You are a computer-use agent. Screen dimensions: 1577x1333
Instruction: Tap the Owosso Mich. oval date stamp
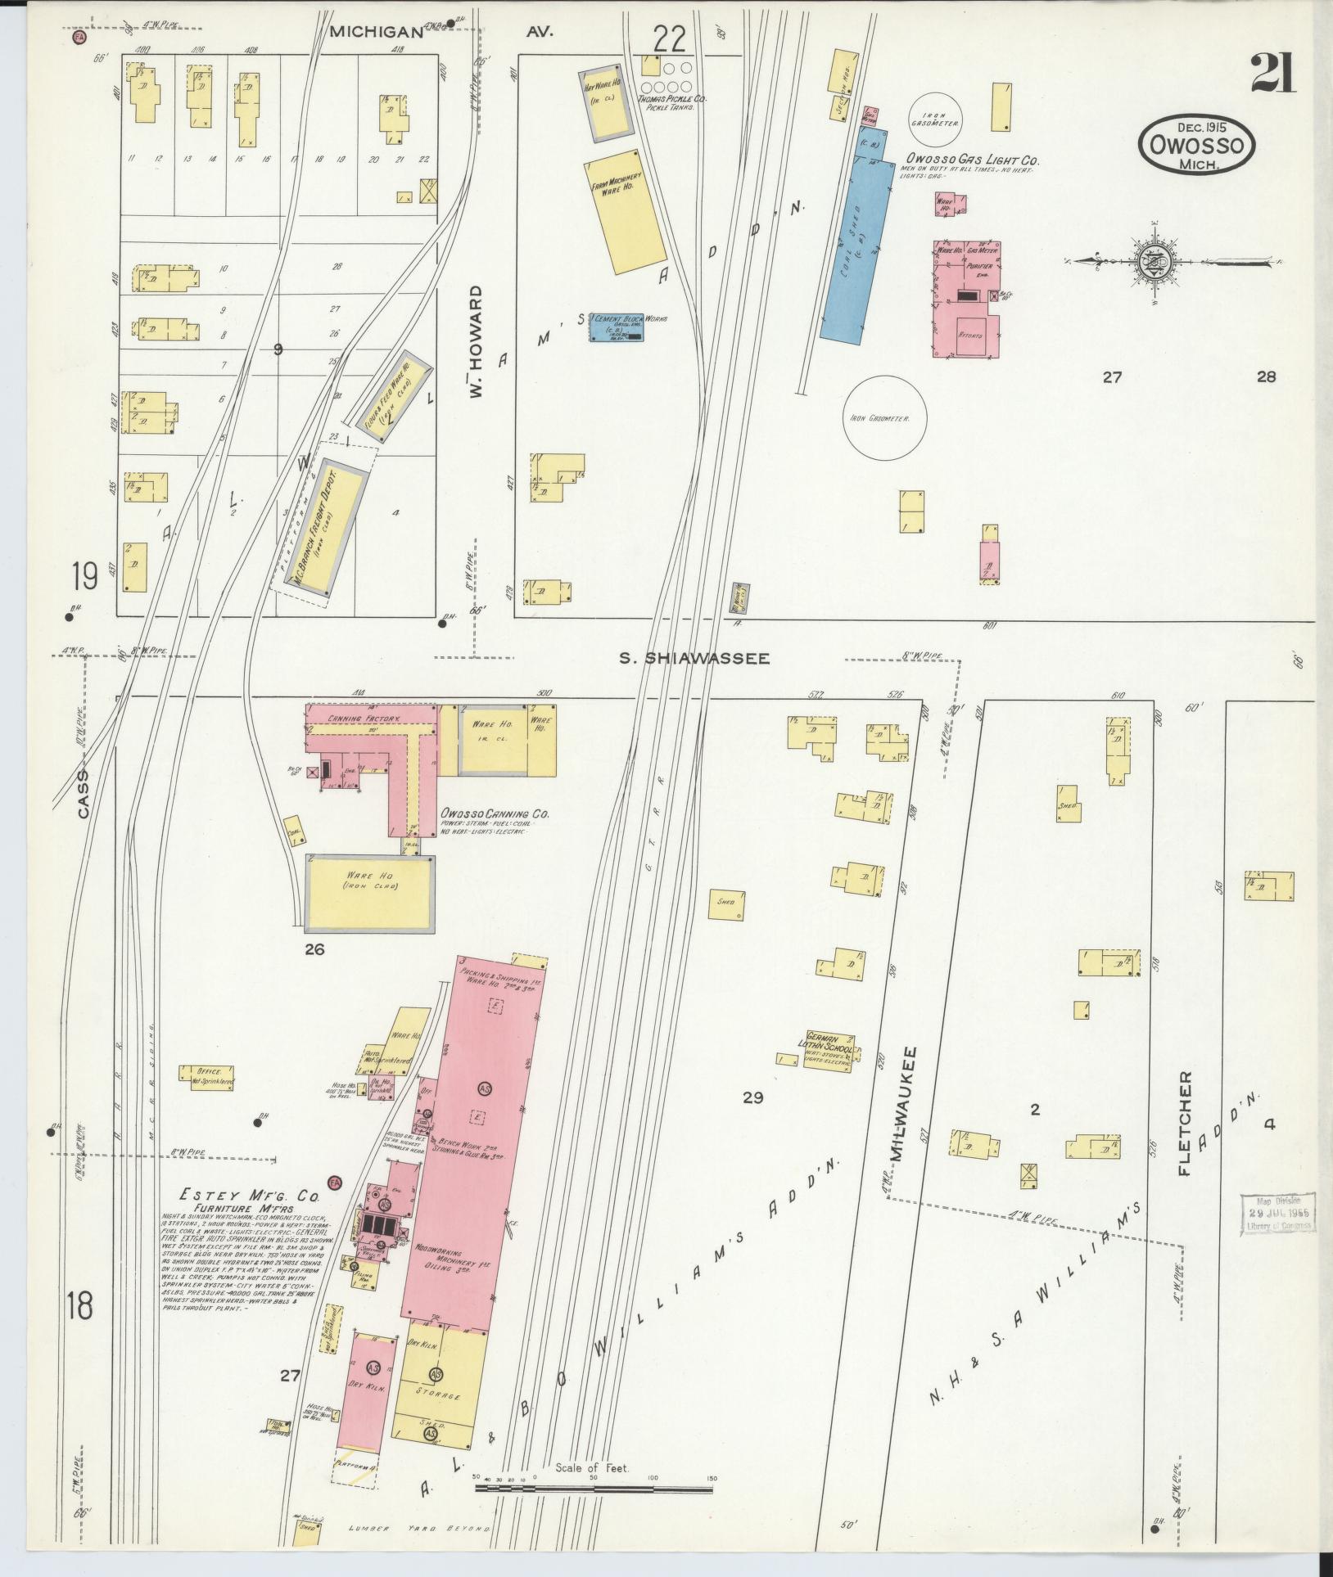pyautogui.click(x=1195, y=145)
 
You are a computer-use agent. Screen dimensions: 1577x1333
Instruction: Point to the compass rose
pyautogui.click(x=1155, y=261)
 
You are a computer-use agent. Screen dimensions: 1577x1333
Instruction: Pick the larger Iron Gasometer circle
pyautogui.click(x=887, y=417)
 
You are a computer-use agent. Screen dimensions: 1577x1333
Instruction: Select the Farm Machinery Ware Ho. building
pyautogui.click(x=625, y=212)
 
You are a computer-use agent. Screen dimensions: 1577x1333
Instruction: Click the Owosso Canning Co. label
pyautogui.click(x=494, y=814)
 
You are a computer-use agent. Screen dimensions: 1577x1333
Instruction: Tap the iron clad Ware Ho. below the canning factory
pyautogui.click(x=369, y=893)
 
